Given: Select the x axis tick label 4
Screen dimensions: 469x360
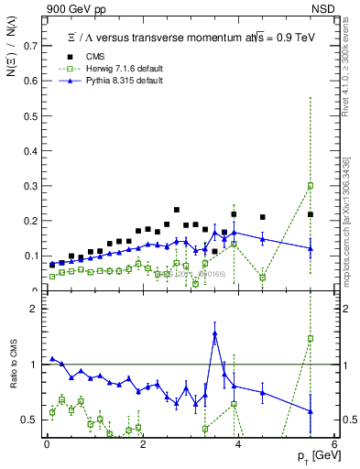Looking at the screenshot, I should pyautogui.click(x=238, y=444).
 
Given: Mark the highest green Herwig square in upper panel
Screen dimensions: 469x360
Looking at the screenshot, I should pyautogui.click(x=311, y=185).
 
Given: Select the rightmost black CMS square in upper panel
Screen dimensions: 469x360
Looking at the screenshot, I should pyautogui.click(x=311, y=214).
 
